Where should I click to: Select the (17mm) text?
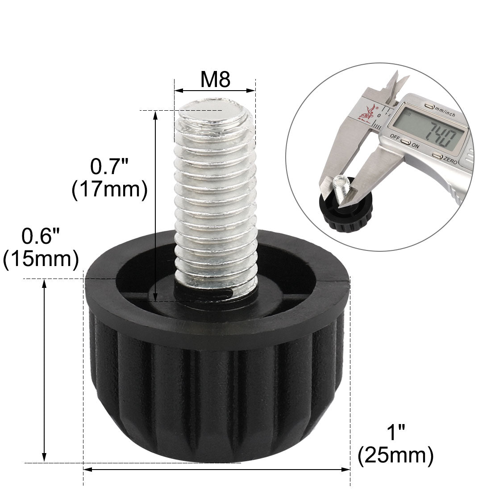109,190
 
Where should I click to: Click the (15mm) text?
41,258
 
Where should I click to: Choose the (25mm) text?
395,455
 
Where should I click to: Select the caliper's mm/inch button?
429,107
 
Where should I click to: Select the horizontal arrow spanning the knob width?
216,470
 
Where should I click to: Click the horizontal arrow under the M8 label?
215,91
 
